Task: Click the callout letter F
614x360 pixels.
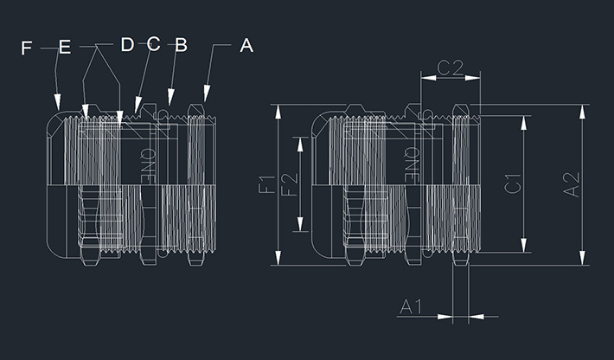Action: point(26,48)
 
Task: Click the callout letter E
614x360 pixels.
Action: point(64,48)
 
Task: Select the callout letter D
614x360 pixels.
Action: point(127,44)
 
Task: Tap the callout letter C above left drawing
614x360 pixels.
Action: point(153,44)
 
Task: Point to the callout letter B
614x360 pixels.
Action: point(180,44)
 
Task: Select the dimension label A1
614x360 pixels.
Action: point(411,305)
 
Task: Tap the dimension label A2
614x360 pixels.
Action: point(571,184)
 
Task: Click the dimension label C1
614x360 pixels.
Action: point(512,184)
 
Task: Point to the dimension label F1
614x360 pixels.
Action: point(266,184)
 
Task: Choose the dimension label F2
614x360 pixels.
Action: point(290,184)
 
